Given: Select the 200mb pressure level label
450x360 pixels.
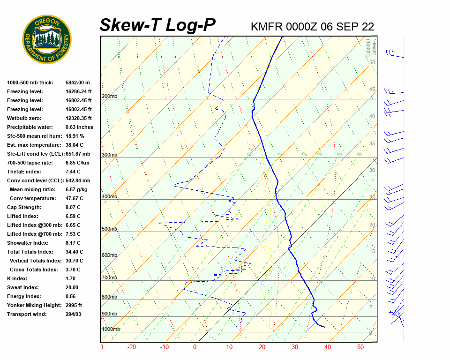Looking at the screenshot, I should pos(109,96).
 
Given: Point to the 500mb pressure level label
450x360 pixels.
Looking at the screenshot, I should pos(109,229).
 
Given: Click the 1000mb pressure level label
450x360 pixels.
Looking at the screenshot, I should pos(111,329).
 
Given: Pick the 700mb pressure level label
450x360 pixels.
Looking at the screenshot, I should pos(109,278).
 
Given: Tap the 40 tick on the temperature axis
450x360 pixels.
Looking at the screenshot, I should pos(327,347).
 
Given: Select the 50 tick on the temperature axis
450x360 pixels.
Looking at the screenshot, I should pos(360,347).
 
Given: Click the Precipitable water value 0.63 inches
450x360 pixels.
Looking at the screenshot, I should pos(79,127).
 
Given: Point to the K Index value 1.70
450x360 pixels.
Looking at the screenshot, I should pos(72,278).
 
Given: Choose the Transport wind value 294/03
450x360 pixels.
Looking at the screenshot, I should pos(74,314).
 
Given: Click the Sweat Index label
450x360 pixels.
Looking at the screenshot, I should pos(22,287).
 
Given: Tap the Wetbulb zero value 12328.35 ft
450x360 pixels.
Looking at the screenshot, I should pos(79,118).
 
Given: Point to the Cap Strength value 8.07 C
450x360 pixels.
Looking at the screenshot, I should pos(73,207).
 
